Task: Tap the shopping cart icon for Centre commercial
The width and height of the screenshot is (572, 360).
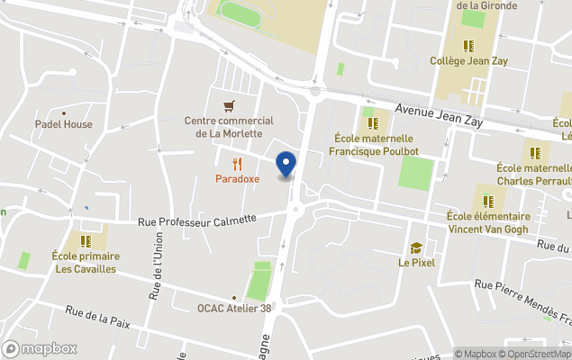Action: click(230, 104)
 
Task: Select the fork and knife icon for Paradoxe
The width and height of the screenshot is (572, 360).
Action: click(237, 164)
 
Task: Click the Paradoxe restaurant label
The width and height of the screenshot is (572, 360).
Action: click(237, 178)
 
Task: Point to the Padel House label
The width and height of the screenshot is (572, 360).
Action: click(64, 124)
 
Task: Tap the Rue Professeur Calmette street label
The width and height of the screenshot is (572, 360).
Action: click(197, 220)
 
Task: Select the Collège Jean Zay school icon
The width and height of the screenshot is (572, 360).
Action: click(468, 46)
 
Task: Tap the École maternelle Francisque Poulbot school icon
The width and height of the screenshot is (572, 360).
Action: click(371, 123)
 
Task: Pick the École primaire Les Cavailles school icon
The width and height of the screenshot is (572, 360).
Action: click(86, 240)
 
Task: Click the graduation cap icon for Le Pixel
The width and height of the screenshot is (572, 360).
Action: click(416, 247)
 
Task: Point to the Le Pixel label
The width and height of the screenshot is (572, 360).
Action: click(417, 263)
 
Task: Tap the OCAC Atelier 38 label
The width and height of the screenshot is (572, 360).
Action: click(234, 308)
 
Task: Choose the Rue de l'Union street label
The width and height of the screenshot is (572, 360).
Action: click(153, 266)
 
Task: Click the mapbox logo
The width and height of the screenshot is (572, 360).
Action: click(41, 348)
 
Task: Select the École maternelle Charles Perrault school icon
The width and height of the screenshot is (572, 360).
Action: click(535, 152)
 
